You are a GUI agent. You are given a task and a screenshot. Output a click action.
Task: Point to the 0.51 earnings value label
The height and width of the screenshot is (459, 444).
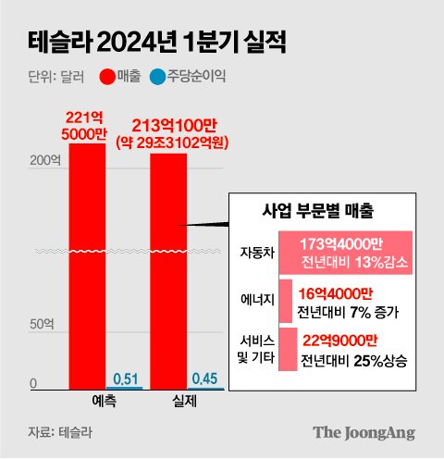pyautogui.click(x=125, y=378)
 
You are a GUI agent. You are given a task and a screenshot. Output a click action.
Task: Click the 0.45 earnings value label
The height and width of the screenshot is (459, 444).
pyautogui.click(x=204, y=378)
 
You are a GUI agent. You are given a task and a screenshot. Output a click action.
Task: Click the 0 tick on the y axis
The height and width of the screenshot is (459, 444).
pyautogui.click(x=33, y=384)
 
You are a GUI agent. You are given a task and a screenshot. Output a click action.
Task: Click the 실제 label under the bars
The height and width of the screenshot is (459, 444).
pyautogui.click(x=185, y=403)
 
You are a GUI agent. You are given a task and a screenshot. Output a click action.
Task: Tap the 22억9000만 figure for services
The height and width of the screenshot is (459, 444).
pyautogui.click(x=344, y=340)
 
